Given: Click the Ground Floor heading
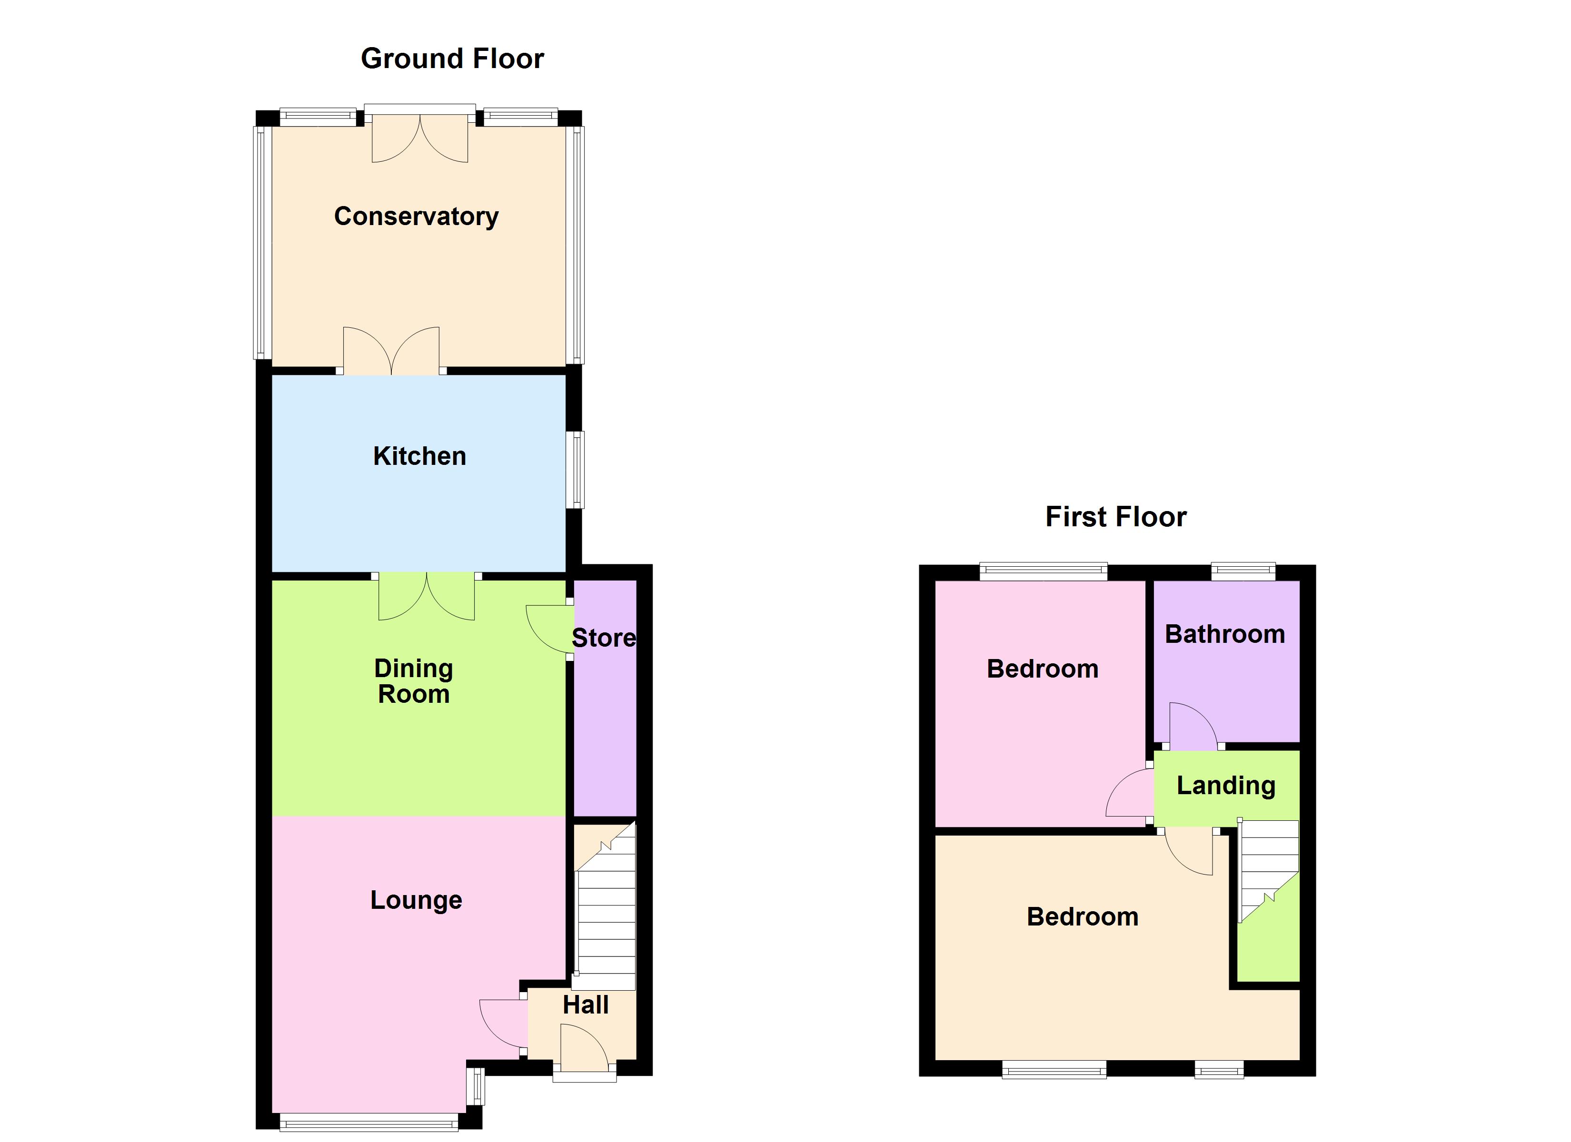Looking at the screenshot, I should [452, 59].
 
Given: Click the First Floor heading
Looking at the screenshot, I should [1115, 517].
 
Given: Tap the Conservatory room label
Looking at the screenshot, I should [416, 217].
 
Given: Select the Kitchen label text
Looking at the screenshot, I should [419, 456].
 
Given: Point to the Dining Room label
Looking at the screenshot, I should [414, 681].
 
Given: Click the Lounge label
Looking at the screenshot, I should [416, 900].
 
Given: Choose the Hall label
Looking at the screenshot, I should [585, 1005].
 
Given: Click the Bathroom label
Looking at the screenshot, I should [1224, 634].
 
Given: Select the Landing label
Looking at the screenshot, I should [1225, 785].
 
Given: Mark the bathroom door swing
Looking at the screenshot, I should [1192, 727].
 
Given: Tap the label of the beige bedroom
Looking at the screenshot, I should [1082, 917].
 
